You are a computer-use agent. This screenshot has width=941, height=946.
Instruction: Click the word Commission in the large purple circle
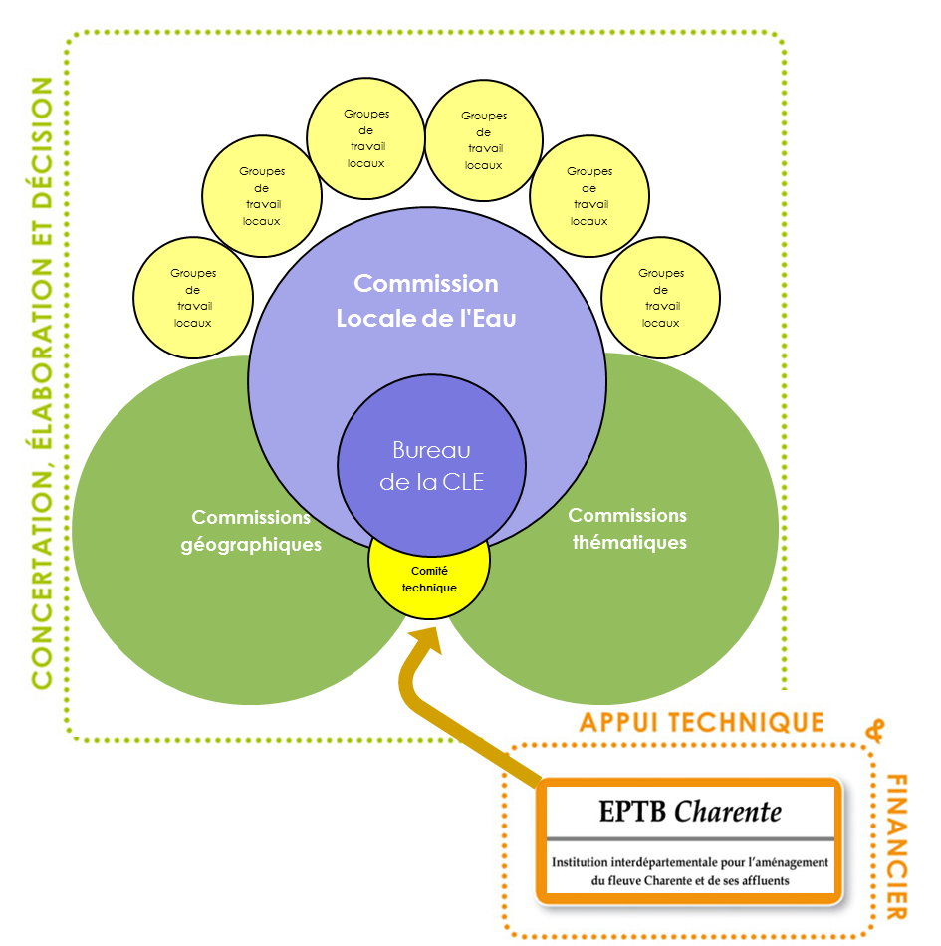coord(426,284)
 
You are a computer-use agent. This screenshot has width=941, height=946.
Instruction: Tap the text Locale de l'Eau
coord(426,320)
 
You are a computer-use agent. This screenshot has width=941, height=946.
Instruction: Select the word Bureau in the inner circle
coord(431,450)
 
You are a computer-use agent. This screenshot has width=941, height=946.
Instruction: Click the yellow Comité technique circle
coord(429,580)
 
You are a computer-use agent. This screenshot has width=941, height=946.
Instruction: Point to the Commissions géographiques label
coord(251,531)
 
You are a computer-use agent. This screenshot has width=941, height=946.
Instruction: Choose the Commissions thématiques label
coord(628,529)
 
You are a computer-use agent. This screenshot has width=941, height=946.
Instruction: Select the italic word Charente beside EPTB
coord(728,812)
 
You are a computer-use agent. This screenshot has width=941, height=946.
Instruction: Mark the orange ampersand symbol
coord(875,733)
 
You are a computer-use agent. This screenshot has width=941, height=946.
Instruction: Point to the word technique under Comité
coord(429,588)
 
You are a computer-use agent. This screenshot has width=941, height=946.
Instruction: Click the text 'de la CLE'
coord(431,483)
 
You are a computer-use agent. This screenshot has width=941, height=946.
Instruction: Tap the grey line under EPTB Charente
coord(690,838)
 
